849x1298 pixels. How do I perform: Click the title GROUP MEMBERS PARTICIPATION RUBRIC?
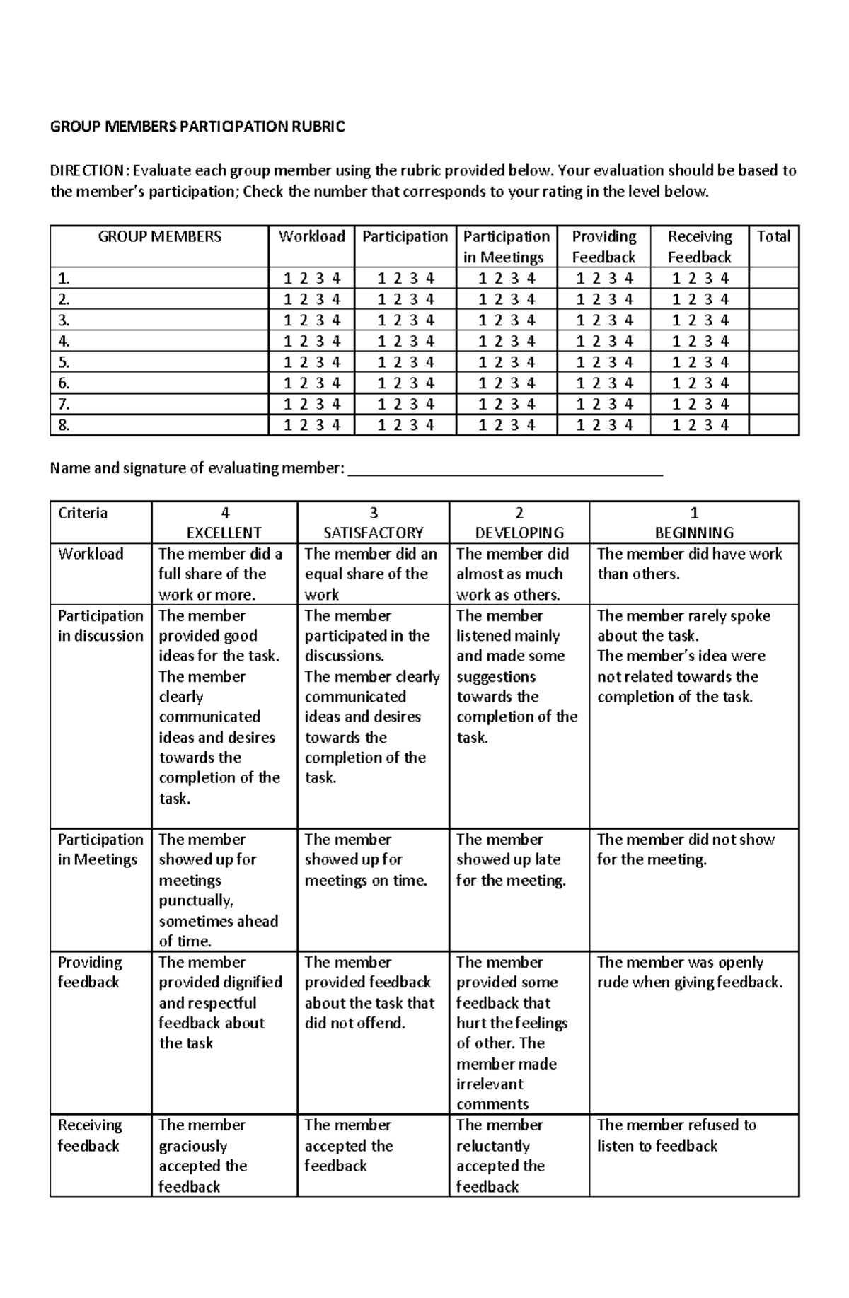[x=197, y=127]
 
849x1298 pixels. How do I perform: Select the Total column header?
[x=773, y=236]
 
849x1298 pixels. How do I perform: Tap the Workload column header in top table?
[x=311, y=236]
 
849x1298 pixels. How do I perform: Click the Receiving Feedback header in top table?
[x=699, y=246]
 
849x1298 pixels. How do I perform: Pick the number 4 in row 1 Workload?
[x=336, y=278]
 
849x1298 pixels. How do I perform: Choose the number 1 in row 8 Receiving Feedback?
[x=676, y=425]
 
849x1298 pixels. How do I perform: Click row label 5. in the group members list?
[x=64, y=362]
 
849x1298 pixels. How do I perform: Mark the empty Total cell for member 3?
[x=773, y=320]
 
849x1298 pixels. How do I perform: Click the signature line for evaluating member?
[x=506, y=470]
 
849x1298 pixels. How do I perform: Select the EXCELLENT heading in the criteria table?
[x=224, y=533]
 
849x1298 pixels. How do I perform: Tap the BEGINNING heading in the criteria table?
[x=694, y=533]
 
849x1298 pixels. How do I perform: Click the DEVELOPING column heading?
[x=519, y=533]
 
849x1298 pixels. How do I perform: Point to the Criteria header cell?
[x=83, y=513]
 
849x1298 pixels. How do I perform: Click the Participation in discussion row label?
[x=100, y=625]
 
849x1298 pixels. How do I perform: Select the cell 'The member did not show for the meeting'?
[x=685, y=850]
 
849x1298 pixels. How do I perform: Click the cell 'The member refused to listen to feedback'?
[x=676, y=1135]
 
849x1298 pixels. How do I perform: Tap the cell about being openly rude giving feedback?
[x=689, y=972]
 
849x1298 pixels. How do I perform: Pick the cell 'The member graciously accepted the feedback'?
[x=203, y=1155]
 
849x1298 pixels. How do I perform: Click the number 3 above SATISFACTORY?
[x=374, y=513]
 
